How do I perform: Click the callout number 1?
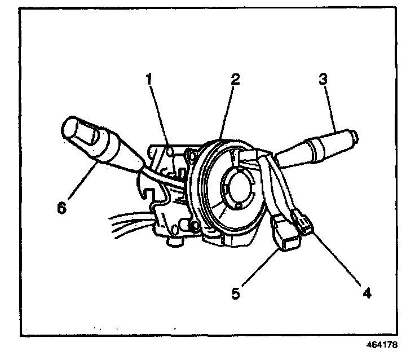(x=149, y=80)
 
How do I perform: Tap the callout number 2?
(x=235, y=79)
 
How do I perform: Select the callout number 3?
(x=323, y=80)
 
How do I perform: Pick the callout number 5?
(x=237, y=293)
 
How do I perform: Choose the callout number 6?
(x=61, y=207)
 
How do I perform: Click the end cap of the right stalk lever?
(x=355, y=137)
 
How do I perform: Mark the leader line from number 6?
(x=88, y=180)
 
